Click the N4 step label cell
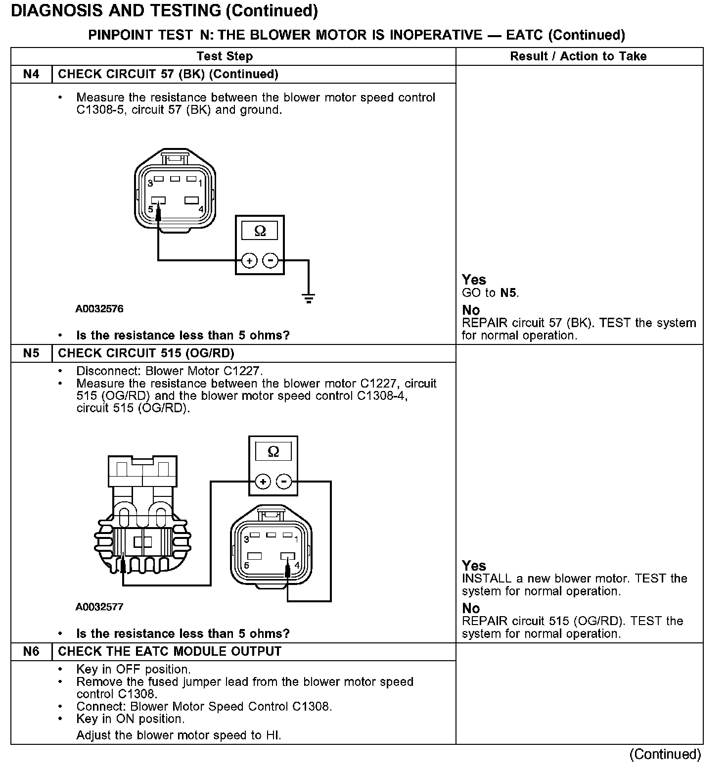click(31, 74)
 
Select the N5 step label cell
click(31, 353)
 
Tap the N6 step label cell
click(31, 651)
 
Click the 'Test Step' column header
click(225, 56)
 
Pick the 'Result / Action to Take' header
click(578, 56)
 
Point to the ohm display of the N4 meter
click(260, 231)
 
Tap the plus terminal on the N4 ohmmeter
click(249, 260)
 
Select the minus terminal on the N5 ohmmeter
click(283, 481)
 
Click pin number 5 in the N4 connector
click(151, 209)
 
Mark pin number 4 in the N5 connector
click(297, 565)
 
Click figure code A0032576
click(99, 309)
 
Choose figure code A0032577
click(99, 607)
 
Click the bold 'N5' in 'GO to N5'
click(509, 292)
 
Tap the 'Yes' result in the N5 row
click(474, 566)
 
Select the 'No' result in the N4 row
click(471, 310)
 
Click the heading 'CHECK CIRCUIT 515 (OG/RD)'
click(146, 353)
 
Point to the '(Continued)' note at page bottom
click(665, 754)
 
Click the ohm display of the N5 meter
click(273, 451)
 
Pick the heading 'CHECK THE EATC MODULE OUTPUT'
click(170, 651)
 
